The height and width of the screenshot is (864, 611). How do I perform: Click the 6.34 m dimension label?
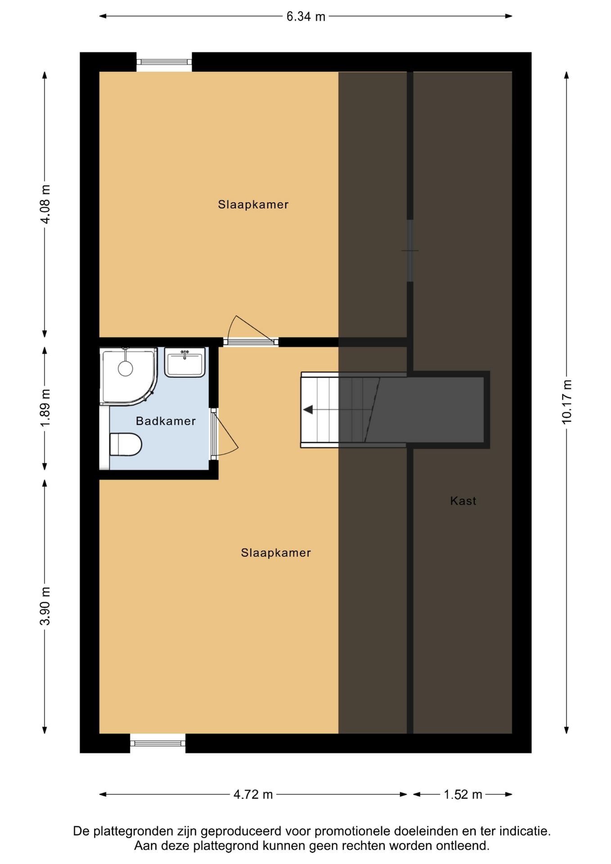[x=306, y=17]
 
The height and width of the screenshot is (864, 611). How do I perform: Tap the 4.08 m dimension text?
[x=45, y=204]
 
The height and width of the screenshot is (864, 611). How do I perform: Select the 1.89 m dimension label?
[x=45, y=408]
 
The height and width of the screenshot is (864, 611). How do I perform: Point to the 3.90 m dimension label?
[x=45, y=606]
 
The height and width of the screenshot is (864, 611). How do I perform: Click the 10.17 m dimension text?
[x=566, y=402]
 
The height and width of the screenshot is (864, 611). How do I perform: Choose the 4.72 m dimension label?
[x=253, y=794]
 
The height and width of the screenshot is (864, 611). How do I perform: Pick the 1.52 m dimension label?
[x=463, y=794]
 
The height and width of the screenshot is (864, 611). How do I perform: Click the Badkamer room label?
[x=166, y=421]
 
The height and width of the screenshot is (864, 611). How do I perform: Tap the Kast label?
[x=463, y=500]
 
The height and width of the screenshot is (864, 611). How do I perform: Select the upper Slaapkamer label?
[x=253, y=204]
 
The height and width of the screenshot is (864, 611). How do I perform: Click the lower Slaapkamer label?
[x=276, y=553]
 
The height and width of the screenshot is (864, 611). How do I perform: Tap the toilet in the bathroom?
[x=126, y=444]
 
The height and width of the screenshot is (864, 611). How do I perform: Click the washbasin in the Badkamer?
[x=185, y=362]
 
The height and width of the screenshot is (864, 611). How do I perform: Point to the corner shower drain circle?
[x=126, y=369]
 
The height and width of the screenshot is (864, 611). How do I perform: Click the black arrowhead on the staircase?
[x=308, y=409]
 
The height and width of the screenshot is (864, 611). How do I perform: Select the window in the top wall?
[x=164, y=62]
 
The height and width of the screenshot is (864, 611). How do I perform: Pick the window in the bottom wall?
[x=158, y=743]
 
